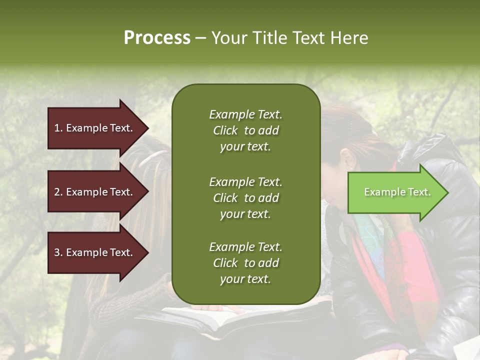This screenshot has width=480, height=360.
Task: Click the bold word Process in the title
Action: [x=157, y=38]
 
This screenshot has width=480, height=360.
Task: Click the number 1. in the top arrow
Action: [x=58, y=128]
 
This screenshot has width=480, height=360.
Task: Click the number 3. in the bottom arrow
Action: [x=58, y=252]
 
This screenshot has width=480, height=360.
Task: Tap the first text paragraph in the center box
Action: [x=245, y=130]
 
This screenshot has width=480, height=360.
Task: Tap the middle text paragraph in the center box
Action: [x=245, y=198]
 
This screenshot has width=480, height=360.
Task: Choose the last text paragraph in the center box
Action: [x=245, y=263]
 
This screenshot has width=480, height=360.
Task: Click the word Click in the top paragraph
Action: [x=225, y=130]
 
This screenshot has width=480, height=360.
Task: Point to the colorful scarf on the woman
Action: [x=380, y=260]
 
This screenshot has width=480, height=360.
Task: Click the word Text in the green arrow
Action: [x=420, y=192]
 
